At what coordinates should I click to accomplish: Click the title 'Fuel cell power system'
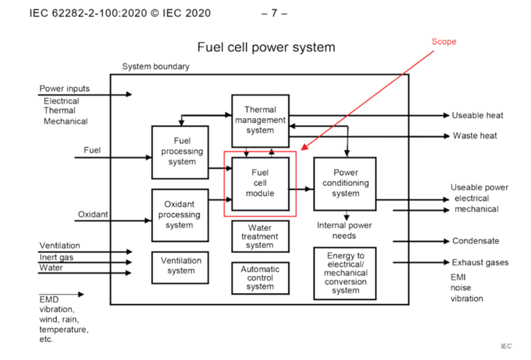[x=265, y=48]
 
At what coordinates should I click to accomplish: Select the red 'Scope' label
[x=443, y=42]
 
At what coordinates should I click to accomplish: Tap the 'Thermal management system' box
[x=260, y=120]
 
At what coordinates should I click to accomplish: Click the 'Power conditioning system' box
[x=346, y=184]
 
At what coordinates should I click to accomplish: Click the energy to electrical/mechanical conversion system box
[x=346, y=273]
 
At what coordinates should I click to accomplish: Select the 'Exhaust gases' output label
[x=479, y=262]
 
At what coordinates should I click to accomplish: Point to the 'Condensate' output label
[x=476, y=240]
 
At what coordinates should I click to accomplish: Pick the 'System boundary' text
[x=155, y=66]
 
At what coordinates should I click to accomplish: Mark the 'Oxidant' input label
[x=93, y=214]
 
